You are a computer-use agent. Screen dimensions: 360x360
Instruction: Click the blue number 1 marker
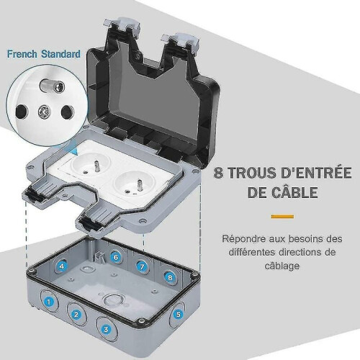coord(49,302)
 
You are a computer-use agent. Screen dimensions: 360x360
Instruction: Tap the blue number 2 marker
coord(76,314)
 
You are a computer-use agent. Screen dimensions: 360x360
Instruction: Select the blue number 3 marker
coord(106,329)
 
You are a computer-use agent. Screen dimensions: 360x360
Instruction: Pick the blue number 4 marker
coord(62,266)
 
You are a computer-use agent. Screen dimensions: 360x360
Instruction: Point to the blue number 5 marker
coord(178,314)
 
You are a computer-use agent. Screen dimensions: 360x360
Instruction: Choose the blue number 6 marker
coord(116,257)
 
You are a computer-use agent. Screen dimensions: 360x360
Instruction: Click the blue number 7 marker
coord(142,266)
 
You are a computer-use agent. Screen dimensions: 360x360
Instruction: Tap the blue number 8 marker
coord(170,277)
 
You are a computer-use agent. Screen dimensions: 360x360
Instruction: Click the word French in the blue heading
coord(22,54)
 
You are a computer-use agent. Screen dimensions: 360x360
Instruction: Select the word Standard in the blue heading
coord(60,54)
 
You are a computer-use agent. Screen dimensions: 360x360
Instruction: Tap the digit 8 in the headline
coord(218,173)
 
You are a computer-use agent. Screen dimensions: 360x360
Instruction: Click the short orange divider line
coord(282,217)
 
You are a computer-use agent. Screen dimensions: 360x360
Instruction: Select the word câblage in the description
coord(282,266)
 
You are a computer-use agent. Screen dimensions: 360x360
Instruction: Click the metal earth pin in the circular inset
coord(53,87)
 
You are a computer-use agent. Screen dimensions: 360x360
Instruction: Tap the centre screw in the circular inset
coord(45,112)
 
